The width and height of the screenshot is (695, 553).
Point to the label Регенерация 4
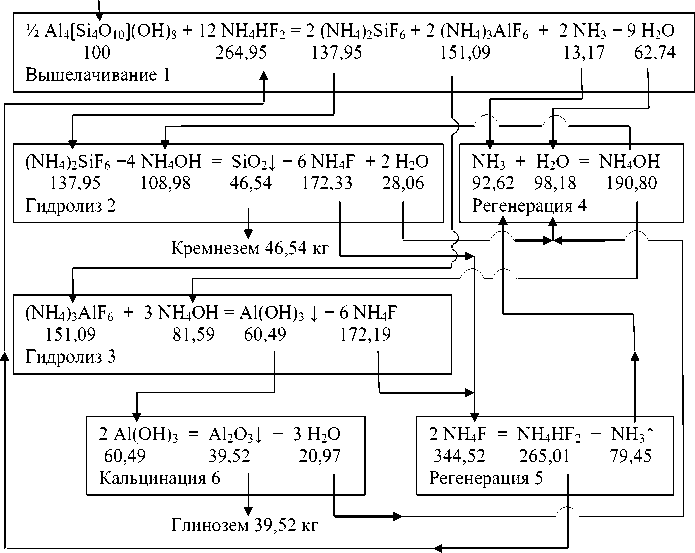[530, 204]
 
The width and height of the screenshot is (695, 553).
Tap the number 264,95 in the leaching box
[242, 50]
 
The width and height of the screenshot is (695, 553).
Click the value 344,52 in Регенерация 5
[459, 456]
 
